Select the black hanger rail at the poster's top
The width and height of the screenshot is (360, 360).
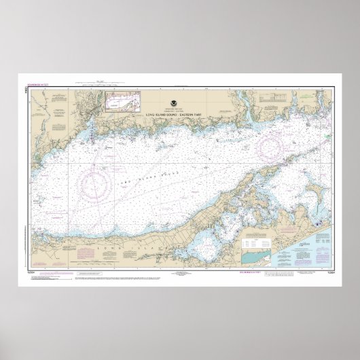click(180, 73)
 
